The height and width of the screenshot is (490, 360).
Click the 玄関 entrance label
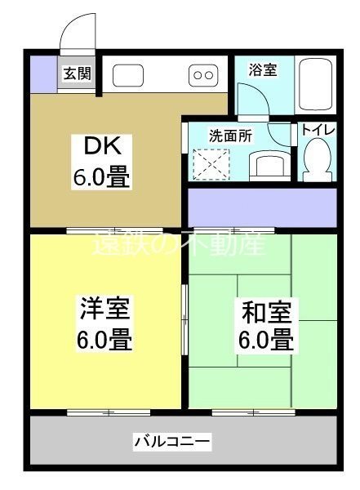(x=78, y=73)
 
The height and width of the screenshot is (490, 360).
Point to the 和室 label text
(x=266, y=311)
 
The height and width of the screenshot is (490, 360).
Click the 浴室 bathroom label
(x=263, y=69)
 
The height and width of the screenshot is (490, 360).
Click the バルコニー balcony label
(x=172, y=443)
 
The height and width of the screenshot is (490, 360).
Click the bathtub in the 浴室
(x=314, y=87)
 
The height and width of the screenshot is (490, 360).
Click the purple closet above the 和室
(x=262, y=204)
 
